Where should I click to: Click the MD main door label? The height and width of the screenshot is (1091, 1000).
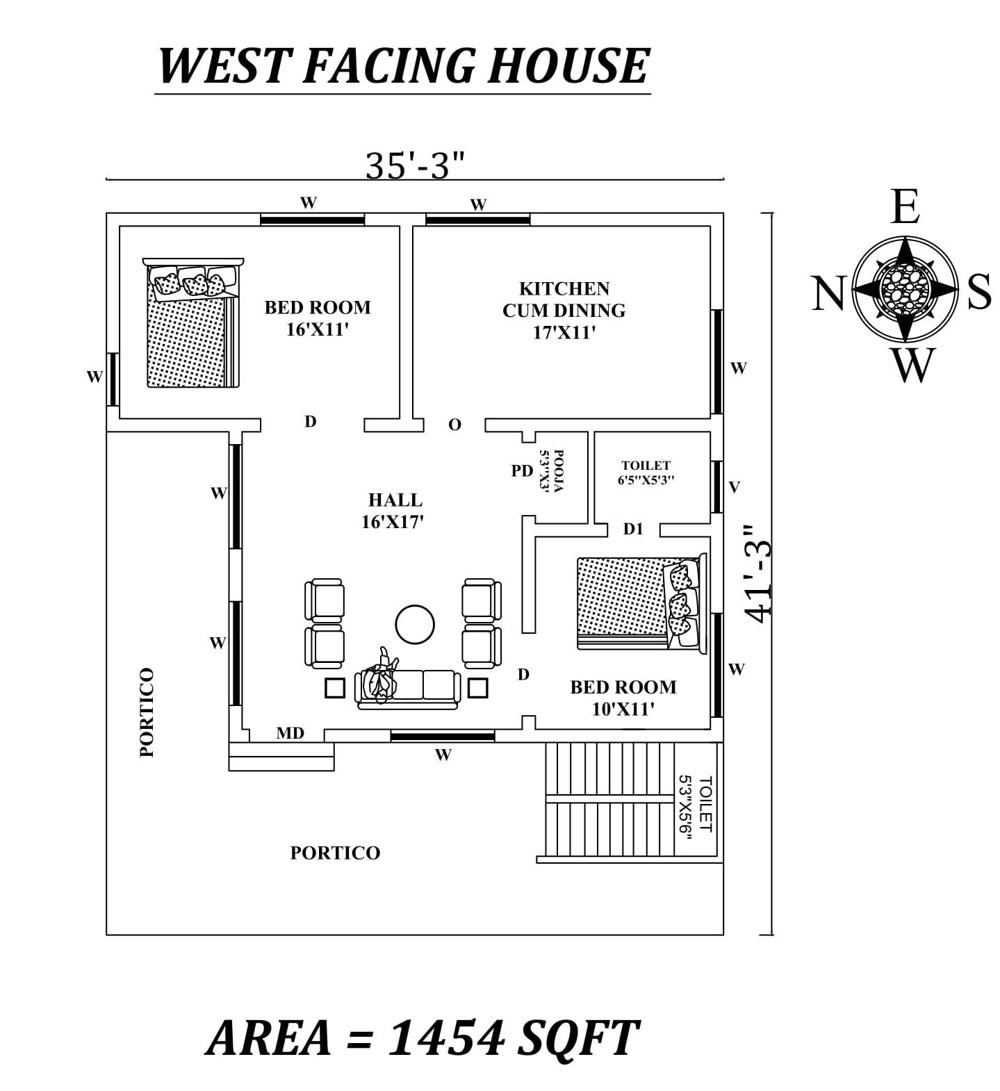(290, 732)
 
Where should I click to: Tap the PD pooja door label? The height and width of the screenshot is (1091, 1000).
(522, 470)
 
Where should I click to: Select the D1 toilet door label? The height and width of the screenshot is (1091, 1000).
(632, 529)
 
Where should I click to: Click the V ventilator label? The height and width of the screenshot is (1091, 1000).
(734, 487)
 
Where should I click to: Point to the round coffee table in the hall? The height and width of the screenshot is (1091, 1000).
(415, 624)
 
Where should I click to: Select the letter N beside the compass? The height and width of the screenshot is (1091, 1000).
(828, 293)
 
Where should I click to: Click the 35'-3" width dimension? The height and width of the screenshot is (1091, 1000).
(414, 165)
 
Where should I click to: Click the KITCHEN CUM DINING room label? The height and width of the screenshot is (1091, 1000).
(564, 310)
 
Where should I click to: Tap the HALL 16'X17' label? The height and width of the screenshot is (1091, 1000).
(394, 511)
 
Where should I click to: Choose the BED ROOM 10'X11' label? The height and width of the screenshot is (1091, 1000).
(623, 698)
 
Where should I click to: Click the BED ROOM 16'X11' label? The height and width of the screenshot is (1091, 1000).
(317, 318)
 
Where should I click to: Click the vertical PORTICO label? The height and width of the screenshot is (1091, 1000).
(147, 712)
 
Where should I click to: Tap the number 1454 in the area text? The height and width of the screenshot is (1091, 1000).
(445, 1038)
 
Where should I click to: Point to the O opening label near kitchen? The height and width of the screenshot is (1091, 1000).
(454, 425)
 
